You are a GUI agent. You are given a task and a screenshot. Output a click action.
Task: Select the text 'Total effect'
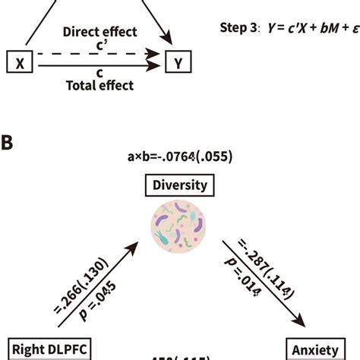point(99,86)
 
